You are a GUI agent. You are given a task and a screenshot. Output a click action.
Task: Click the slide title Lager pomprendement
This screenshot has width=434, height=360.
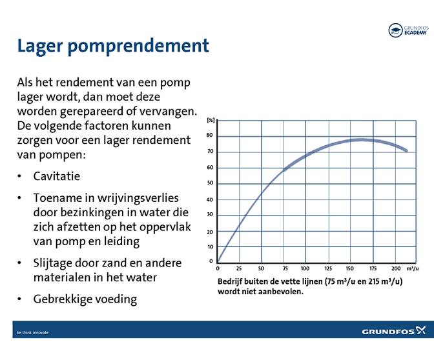coord(113,46)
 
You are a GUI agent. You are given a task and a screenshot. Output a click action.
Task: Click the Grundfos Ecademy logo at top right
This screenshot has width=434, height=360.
coord(408,30)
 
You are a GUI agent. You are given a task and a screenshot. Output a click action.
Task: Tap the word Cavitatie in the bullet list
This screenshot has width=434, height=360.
coord(57,176)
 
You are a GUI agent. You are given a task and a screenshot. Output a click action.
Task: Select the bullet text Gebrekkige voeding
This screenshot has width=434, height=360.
coord(85,299)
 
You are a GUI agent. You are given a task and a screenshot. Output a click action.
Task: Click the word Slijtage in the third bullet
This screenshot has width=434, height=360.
coord(54,263)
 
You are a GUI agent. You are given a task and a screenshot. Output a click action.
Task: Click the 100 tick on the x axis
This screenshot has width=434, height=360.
coord(305,268)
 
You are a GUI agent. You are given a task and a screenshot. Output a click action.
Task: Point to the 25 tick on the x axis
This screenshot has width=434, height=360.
coord(240,268)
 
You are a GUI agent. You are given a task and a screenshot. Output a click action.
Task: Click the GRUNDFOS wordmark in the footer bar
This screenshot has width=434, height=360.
coord(387,332)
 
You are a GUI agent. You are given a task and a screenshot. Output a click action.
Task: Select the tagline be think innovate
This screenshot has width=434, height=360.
coord(32,332)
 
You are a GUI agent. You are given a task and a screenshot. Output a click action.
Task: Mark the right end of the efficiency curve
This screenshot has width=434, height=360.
coord(406,150)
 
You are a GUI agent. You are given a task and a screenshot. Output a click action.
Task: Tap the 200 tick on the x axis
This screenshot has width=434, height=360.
coord(396,268)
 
